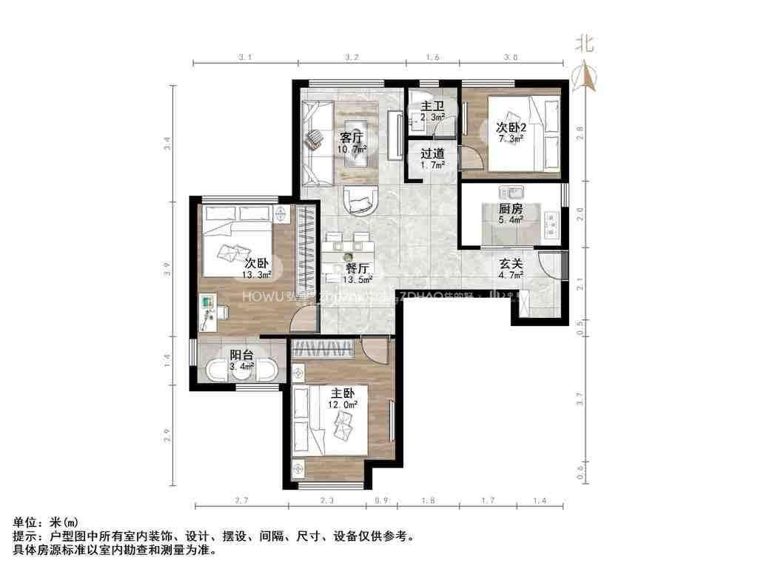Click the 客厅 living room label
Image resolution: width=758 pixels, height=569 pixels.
351,138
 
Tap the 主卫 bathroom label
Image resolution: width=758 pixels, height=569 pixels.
432,107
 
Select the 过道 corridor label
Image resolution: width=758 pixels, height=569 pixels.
432,154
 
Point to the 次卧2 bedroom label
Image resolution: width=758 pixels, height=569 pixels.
511,127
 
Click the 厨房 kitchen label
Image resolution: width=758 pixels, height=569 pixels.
511,209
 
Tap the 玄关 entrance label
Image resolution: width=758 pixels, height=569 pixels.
511,264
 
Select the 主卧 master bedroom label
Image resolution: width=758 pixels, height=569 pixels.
343,393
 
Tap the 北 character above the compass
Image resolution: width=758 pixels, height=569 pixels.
585,43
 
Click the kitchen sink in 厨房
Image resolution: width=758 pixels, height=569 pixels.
511,191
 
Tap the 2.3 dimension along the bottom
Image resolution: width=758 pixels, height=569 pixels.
327,502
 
